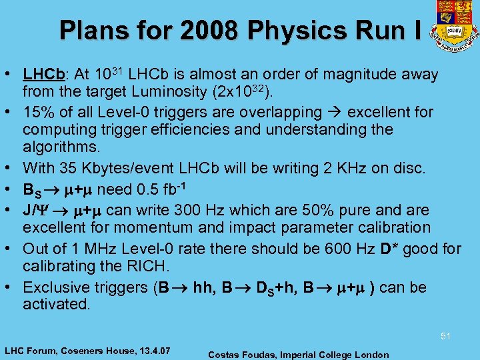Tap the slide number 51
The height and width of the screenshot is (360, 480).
445,337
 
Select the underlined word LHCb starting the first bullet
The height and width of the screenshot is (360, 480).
41,75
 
